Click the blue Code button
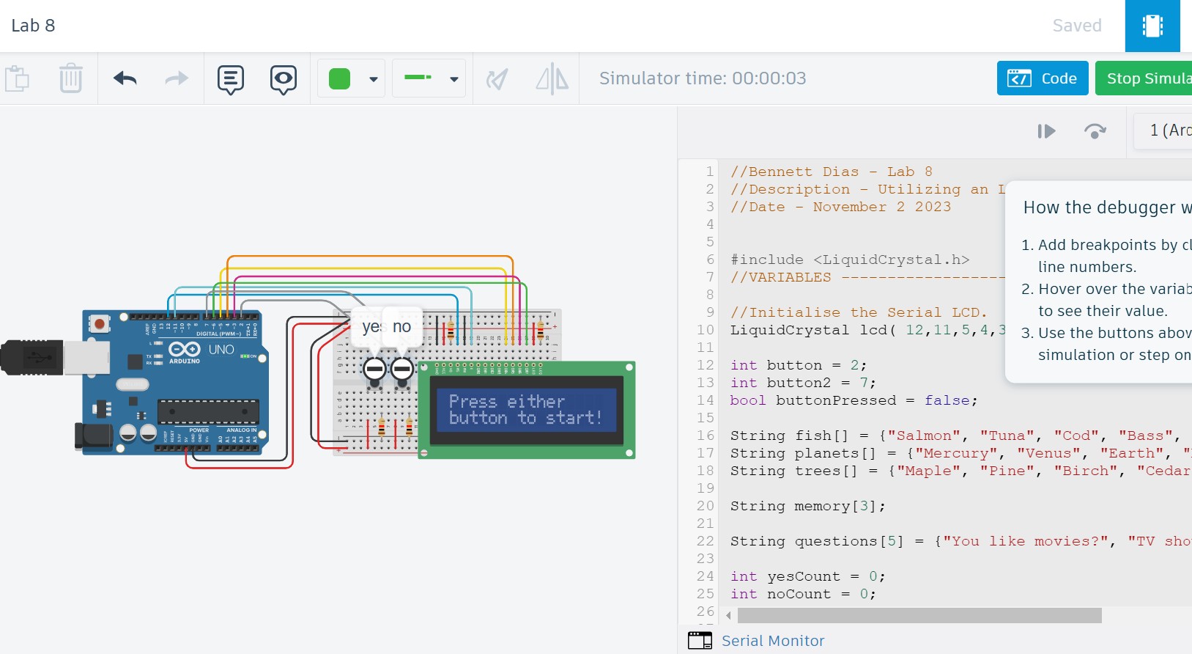point(1042,78)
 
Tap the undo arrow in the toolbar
point(125,78)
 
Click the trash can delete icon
point(70,78)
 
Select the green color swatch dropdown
point(352,78)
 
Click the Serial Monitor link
point(772,641)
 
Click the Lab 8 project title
point(33,26)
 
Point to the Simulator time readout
point(702,78)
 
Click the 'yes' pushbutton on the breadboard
point(374,369)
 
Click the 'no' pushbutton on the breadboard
point(402,369)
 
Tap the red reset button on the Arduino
point(100,323)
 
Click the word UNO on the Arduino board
point(221,350)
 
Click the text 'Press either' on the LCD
point(506,402)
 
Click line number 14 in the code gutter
point(705,400)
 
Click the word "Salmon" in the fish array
point(924,436)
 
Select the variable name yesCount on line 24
point(803,576)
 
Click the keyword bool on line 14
point(747,400)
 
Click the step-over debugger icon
point(1095,131)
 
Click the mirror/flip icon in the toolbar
point(552,78)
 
